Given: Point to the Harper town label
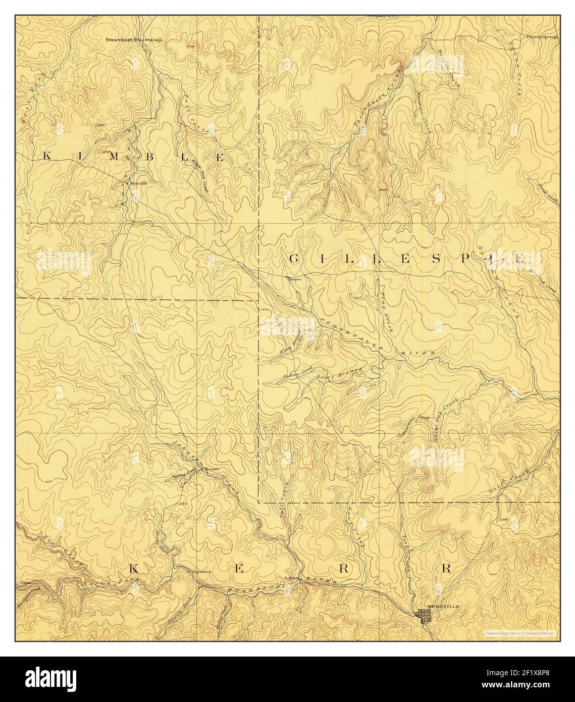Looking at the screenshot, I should (294, 278).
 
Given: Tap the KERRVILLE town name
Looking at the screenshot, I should (441, 606).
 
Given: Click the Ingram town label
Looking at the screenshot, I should (292, 578).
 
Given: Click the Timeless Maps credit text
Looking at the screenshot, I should (518, 633).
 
